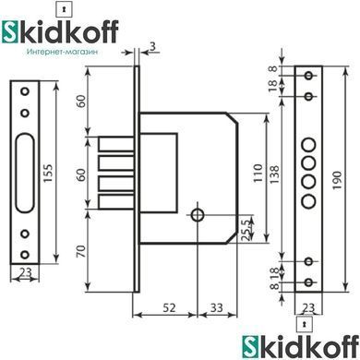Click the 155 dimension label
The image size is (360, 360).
[x=48, y=174]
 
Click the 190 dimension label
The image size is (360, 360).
[x=337, y=180]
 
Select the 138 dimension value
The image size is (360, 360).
[x=274, y=174]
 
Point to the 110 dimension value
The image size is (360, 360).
[x=258, y=173]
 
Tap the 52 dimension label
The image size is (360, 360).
[x=169, y=307]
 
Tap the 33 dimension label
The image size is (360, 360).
[x=217, y=307]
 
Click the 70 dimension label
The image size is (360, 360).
[x=80, y=252]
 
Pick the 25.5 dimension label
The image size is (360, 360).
[x=246, y=229]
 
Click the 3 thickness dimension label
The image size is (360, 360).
[x=152, y=46]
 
